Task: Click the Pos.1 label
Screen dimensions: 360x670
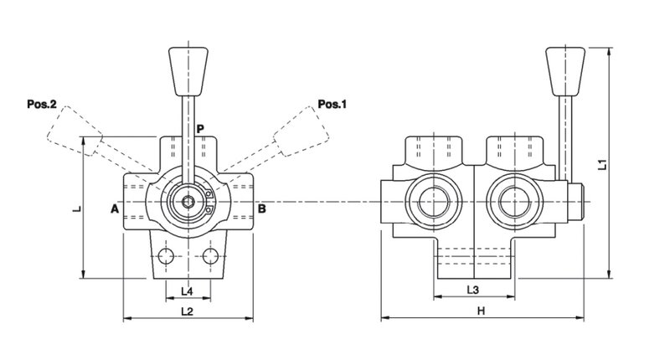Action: tap(331, 105)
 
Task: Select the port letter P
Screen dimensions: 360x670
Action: tap(200, 129)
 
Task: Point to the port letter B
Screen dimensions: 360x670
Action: tap(261, 208)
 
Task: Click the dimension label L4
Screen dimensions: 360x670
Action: tap(188, 291)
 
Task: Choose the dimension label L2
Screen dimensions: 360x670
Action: tap(188, 311)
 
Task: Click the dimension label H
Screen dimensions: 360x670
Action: tap(481, 311)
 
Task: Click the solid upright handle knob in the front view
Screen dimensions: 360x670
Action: tap(187, 69)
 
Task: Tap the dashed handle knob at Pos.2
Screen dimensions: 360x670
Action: tap(72, 132)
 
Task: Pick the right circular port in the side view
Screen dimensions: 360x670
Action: tap(513, 203)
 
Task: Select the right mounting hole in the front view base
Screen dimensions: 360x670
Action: tap(209, 255)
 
